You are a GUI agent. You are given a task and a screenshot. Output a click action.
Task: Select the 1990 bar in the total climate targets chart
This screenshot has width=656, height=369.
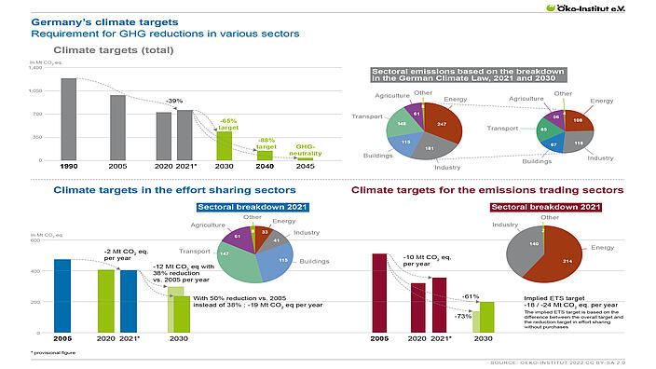click(69, 118)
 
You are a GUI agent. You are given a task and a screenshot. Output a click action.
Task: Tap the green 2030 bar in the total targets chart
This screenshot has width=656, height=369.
click(225, 145)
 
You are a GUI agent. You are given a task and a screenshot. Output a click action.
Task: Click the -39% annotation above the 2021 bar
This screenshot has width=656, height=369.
click(174, 101)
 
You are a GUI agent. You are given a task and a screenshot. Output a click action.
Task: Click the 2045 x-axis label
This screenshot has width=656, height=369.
click(305, 167)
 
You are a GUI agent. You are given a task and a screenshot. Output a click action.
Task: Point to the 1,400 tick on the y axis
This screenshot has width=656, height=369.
click(36, 68)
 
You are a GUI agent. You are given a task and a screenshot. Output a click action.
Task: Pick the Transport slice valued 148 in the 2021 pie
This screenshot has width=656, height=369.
click(403, 122)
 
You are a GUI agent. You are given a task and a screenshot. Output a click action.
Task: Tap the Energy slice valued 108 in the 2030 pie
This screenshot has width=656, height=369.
click(578, 121)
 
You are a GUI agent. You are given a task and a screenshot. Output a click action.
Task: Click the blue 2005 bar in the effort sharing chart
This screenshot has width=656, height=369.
click(61, 295)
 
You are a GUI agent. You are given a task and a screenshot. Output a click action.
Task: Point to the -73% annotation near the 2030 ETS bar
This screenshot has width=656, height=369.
click(463, 317)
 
